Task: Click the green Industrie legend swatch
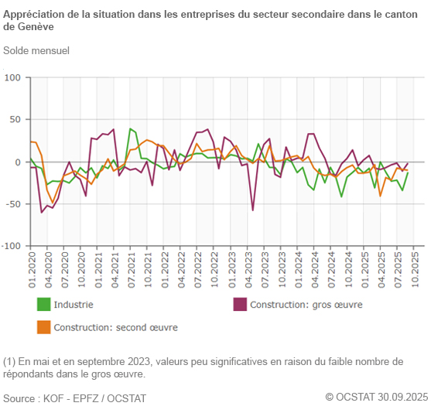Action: click(44, 305)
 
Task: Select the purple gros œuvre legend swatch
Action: click(241, 305)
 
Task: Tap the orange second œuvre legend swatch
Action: click(44, 327)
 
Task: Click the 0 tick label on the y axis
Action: click(19, 162)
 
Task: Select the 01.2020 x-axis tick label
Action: click(32, 269)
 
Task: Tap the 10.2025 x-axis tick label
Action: click(416, 269)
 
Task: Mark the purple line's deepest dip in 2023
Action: click(253, 210)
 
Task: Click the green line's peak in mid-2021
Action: click(130, 128)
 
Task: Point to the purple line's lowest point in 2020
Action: click(42, 212)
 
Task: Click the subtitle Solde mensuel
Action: click(36, 50)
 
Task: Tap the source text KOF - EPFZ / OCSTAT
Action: click(96, 398)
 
